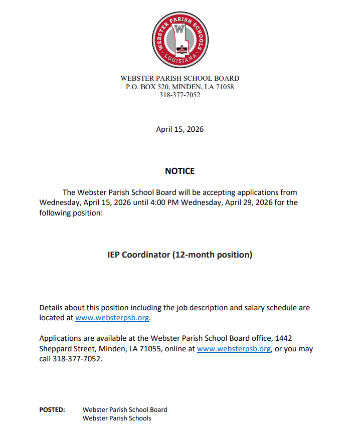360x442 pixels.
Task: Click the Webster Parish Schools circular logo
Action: tap(180, 40)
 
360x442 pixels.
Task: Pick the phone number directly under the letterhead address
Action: tap(180, 95)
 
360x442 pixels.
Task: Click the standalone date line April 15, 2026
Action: tap(180, 129)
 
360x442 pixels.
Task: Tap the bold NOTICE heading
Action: tap(180, 171)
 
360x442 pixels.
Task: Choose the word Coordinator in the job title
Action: tap(147, 255)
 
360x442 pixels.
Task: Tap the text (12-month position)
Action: tap(213, 255)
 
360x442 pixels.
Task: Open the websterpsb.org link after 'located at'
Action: tap(112, 318)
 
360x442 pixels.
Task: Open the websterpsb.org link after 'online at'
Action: tap(234, 349)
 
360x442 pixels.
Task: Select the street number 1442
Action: tap(291, 339)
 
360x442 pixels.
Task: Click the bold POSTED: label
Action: tap(52, 409)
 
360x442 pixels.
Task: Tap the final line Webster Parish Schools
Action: tap(117, 418)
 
